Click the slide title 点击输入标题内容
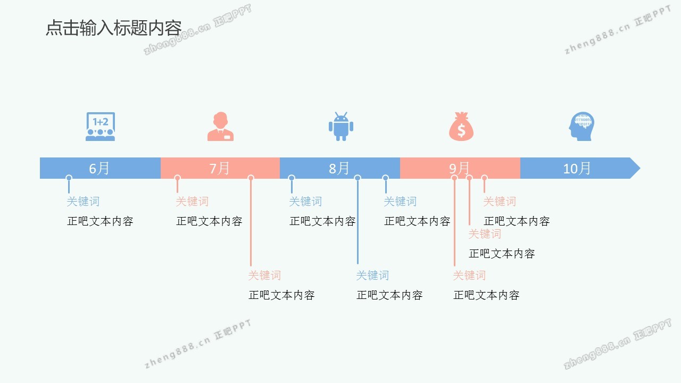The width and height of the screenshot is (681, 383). pos(113,28)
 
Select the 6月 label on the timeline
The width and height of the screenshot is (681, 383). pos(99,168)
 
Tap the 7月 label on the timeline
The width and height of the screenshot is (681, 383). pos(219,168)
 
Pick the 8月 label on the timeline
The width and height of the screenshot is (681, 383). pos(339,168)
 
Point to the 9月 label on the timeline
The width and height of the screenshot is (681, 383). pos(460,168)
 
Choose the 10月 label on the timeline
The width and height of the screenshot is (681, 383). pos(577,168)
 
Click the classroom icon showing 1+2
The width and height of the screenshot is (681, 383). pos(100,127)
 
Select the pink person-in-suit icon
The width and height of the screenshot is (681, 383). pos(220,127)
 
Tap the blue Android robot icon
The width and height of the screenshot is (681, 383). pos(340,127)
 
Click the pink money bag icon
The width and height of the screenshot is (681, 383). pos(461,127)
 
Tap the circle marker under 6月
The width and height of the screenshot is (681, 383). pos(69,178)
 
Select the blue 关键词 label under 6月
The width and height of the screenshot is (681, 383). pos(83,202)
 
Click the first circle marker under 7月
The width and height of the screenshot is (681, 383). pos(177,178)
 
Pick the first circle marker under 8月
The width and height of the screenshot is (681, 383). pos(292,178)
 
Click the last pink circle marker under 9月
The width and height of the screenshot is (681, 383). pos(484,178)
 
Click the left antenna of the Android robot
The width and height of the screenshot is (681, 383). pos(336,114)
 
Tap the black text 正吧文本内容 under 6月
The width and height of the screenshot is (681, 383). pos(100,221)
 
